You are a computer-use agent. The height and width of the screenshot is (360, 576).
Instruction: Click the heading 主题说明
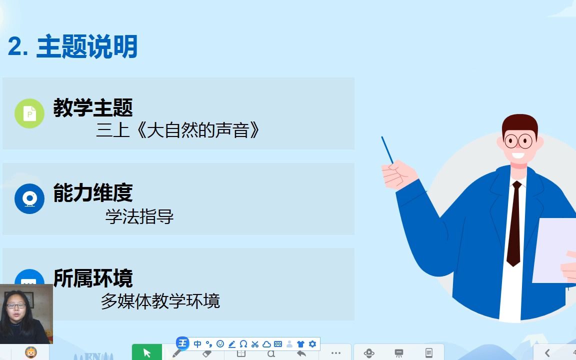(x=87, y=47)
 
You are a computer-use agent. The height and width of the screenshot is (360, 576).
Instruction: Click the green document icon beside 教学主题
(x=29, y=113)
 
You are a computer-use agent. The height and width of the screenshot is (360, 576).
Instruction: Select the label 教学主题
(x=93, y=107)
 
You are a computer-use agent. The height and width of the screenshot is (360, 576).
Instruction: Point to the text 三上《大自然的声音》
(x=178, y=130)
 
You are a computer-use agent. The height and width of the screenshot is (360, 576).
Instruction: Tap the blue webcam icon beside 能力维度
(x=29, y=198)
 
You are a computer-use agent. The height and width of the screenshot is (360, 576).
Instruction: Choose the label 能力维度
(x=93, y=193)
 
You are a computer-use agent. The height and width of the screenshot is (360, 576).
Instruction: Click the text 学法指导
(x=139, y=216)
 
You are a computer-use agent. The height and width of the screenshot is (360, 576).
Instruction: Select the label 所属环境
(x=93, y=278)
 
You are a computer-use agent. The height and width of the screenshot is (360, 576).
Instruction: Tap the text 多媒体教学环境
(x=160, y=301)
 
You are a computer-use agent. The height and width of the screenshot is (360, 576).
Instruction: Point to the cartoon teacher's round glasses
(x=518, y=140)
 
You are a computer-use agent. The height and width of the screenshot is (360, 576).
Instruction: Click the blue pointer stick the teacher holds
(x=387, y=150)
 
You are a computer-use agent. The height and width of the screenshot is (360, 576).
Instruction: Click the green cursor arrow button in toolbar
(x=147, y=352)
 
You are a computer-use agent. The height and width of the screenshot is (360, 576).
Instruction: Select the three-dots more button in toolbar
(x=336, y=352)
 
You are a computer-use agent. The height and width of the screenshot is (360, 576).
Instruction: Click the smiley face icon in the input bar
(x=220, y=344)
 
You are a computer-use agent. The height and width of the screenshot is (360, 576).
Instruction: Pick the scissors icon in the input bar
(x=255, y=344)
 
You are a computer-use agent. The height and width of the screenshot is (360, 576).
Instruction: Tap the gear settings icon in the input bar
(x=312, y=344)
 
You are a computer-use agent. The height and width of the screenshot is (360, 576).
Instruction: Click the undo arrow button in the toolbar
(x=301, y=353)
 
